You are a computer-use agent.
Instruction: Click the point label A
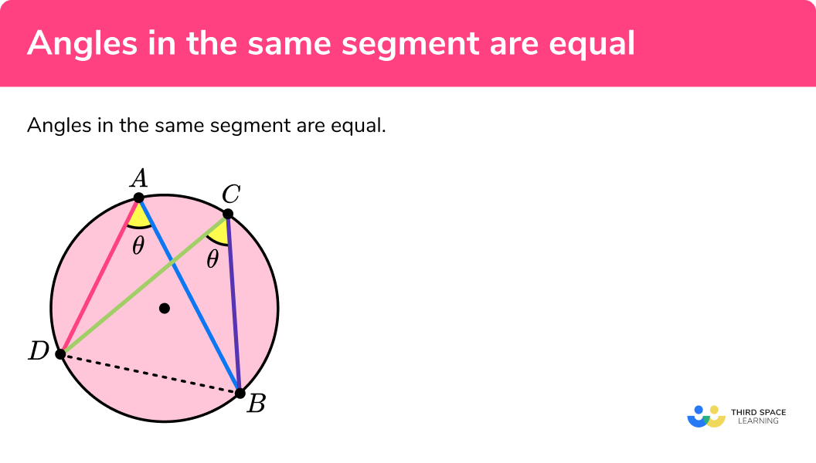pyautogui.click(x=139, y=179)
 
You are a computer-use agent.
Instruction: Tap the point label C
pyautogui.click(x=229, y=194)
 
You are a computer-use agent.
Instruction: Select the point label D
pyautogui.click(x=38, y=353)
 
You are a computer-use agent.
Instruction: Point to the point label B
pyautogui.click(x=256, y=403)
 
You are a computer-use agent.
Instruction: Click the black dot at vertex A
pyautogui.click(x=139, y=198)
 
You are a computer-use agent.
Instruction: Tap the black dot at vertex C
pyautogui.click(x=228, y=214)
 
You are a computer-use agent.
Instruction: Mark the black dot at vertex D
pyautogui.click(x=60, y=354)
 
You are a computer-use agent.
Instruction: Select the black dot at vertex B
pyautogui.click(x=240, y=393)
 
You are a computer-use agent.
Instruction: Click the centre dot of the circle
pyautogui.click(x=164, y=309)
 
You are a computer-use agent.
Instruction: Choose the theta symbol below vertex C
pyautogui.click(x=212, y=260)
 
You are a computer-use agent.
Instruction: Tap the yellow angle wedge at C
pyautogui.click(x=219, y=231)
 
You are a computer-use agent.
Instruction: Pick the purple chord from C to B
pyautogui.click(x=234, y=305)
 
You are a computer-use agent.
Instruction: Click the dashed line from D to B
pyautogui.click(x=151, y=373)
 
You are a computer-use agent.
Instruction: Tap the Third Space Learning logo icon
pyautogui.click(x=706, y=417)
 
